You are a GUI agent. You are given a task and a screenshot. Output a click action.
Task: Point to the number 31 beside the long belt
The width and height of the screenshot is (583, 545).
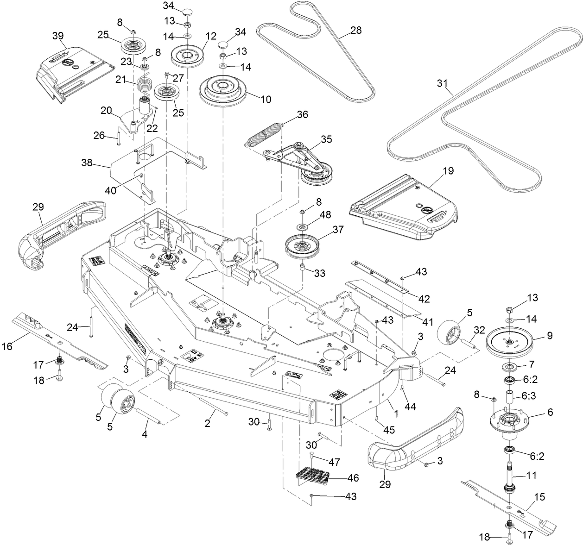(x=443, y=83)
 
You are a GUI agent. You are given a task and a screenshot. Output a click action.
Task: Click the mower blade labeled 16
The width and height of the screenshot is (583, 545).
(x=60, y=340)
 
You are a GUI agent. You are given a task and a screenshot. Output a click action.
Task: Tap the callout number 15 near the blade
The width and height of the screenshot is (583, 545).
(x=539, y=498)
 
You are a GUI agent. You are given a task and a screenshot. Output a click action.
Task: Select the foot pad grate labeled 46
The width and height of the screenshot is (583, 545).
(x=315, y=475)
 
